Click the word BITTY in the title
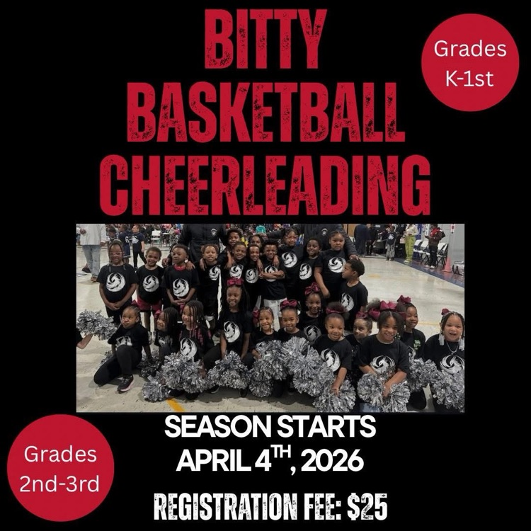point(265,40)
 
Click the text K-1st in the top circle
point(470,76)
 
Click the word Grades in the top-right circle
point(470,49)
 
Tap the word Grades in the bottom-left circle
point(60,455)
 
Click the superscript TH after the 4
point(281,453)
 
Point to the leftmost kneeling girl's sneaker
point(125,382)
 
